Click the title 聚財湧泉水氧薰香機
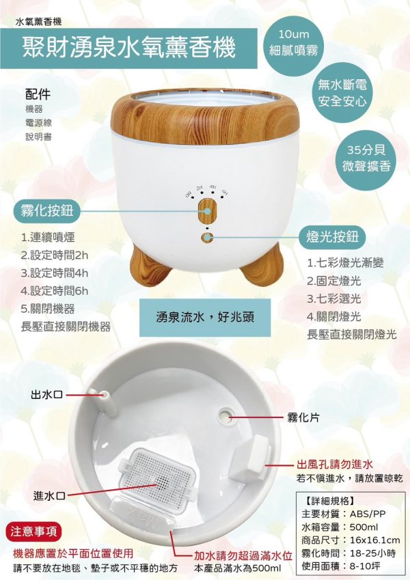129,48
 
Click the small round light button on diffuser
206,238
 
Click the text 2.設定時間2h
56,256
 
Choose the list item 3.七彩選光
334,299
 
